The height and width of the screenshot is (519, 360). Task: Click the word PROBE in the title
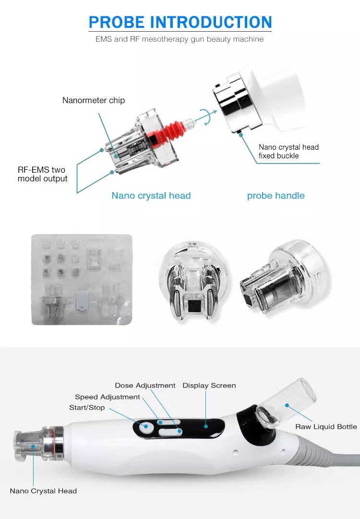pos(117,23)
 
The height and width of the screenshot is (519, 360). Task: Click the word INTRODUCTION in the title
pos(211,23)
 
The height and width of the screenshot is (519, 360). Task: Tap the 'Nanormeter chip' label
pos(94,100)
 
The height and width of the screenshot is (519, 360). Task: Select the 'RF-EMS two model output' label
pos(42,174)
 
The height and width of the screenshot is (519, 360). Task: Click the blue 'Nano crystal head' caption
pos(151,196)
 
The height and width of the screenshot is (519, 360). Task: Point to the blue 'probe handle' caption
pos(276,196)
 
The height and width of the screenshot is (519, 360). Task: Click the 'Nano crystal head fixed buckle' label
pos(288,152)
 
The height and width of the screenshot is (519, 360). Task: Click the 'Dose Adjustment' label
pos(145,386)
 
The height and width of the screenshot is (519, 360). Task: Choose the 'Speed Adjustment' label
pos(108,397)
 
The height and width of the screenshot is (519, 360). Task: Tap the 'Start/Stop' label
pos(87,408)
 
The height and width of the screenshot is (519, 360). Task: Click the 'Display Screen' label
pos(209,386)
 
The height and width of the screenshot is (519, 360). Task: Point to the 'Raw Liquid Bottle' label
pos(326,427)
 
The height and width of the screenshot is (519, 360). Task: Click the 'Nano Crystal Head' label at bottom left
pos(43,491)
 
